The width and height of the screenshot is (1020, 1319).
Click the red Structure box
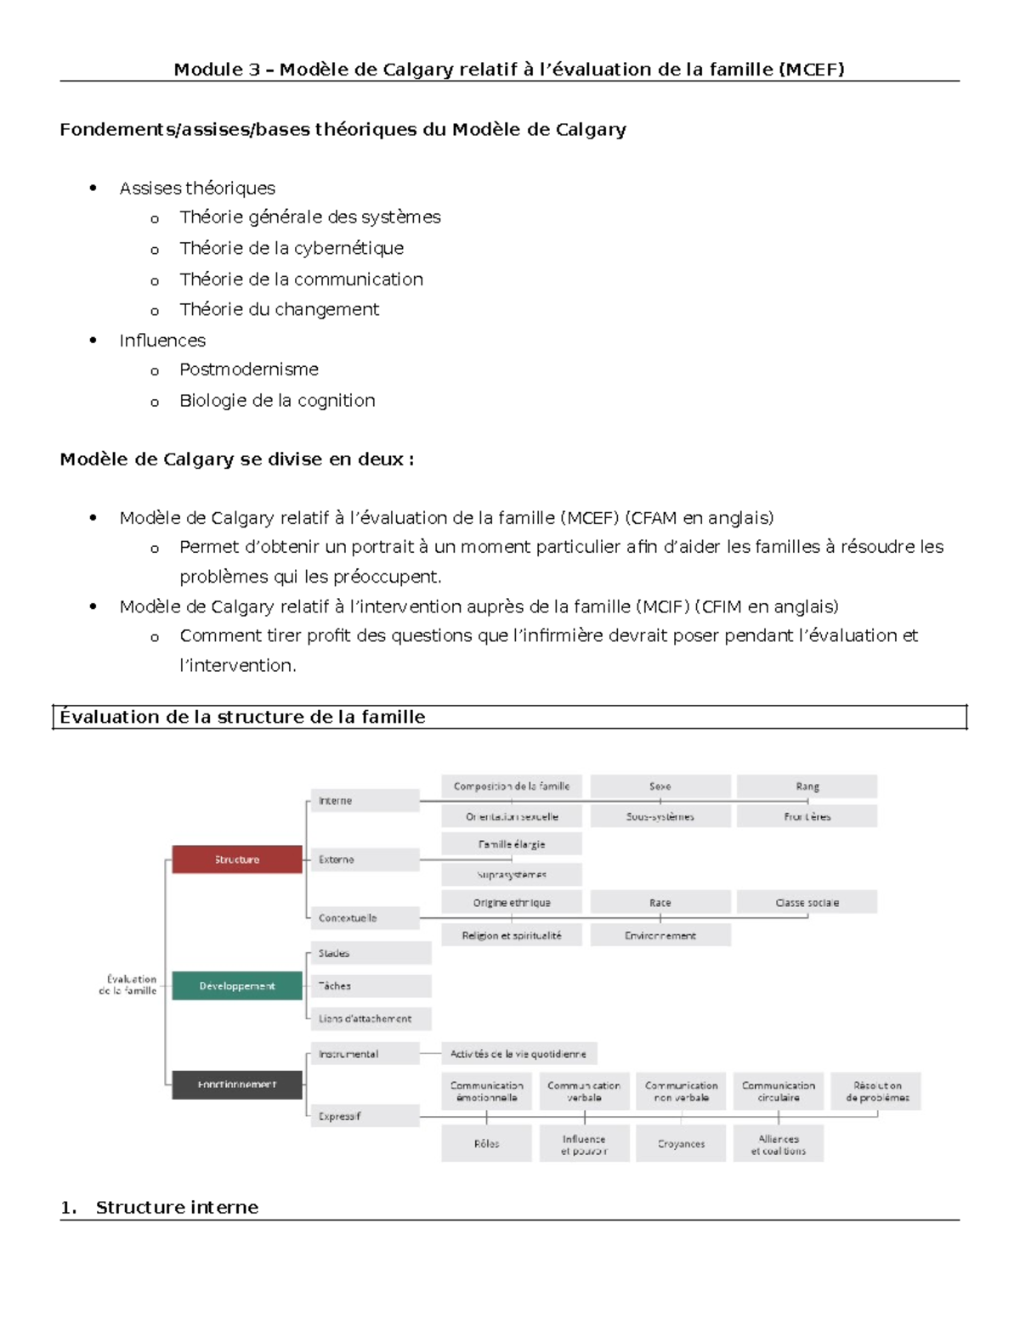(x=236, y=860)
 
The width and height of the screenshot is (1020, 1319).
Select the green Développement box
(x=236, y=986)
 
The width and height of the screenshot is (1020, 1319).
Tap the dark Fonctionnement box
(x=236, y=1085)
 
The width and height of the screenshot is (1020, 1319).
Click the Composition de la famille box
(x=512, y=786)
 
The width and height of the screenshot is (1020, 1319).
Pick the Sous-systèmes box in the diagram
(x=660, y=816)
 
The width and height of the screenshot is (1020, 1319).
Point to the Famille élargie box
(x=512, y=844)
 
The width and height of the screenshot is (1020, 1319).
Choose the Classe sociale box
(x=807, y=903)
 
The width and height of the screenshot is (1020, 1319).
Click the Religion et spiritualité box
(x=512, y=935)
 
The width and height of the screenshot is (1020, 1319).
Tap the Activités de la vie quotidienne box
(x=518, y=1054)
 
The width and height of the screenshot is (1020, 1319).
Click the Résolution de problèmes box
(x=876, y=1091)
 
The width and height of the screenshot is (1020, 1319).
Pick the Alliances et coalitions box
(x=778, y=1145)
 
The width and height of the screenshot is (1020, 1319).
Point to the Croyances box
(x=681, y=1144)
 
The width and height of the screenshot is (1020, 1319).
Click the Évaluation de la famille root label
(x=128, y=985)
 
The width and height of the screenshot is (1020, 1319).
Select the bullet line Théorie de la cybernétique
(x=292, y=248)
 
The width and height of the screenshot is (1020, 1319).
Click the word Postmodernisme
(x=249, y=369)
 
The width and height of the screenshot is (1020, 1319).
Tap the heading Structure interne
(x=177, y=1208)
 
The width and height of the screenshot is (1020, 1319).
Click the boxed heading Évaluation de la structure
(x=242, y=717)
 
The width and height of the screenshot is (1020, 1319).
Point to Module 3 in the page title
(x=217, y=70)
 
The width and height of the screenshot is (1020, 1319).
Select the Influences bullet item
(x=162, y=341)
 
